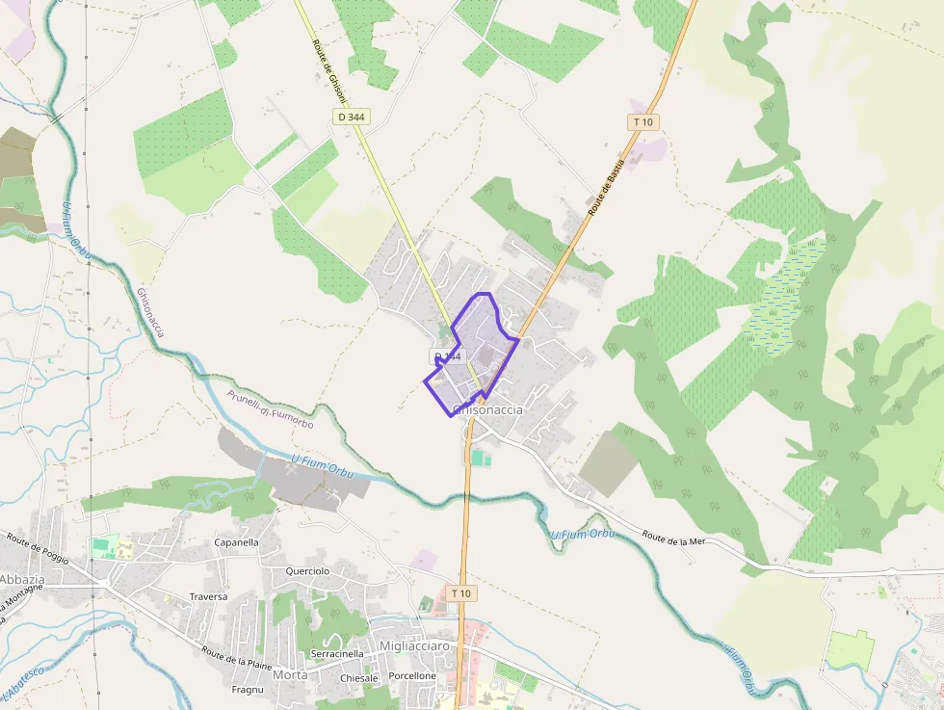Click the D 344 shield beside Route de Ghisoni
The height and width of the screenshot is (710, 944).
pyautogui.click(x=351, y=117)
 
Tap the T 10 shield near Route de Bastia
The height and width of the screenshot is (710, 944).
pyautogui.click(x=643, y=121)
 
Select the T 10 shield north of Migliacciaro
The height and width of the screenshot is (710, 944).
pyautogui.click(x=462, y=593)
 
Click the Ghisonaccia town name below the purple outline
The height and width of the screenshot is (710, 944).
pyautogui.click(x=488, y=410)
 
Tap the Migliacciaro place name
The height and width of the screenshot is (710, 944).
pyautogui.click(x=414, y=645)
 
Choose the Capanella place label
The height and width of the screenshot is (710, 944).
pyautogui.click(x=236, y=542)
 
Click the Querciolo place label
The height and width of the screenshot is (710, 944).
pyautogui.click(x=307, y=571)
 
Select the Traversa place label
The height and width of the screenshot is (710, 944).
pyautogui.click(x=208, y=596)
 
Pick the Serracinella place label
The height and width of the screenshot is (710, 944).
pyautogui.click(x=337, y=653)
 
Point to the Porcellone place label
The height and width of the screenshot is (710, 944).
pyautogui.click(x=412, y=676)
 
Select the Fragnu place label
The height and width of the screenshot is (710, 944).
pyautogui.click(x=248, y=690)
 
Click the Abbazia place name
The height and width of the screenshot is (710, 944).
pyautogui.click(x=21, y=579)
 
